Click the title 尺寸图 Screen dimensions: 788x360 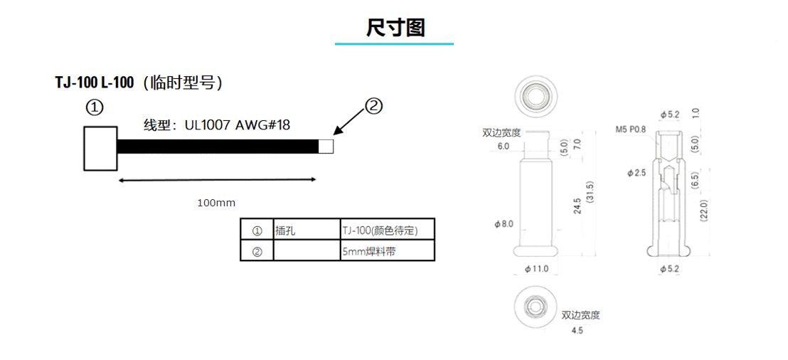395,28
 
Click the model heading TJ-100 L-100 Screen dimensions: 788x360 95,83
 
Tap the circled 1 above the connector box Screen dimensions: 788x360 95,107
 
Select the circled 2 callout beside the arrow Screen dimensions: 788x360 373,106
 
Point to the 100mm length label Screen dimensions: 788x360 216,203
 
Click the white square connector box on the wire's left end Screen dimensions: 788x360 100,149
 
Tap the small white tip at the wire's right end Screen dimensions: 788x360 326,147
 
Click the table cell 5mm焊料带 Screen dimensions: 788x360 368,251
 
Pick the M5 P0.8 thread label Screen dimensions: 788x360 632,129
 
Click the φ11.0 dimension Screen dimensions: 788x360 536,269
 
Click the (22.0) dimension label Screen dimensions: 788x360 704,211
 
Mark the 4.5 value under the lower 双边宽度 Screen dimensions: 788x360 577,331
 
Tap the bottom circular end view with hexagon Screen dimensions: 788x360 536,306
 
